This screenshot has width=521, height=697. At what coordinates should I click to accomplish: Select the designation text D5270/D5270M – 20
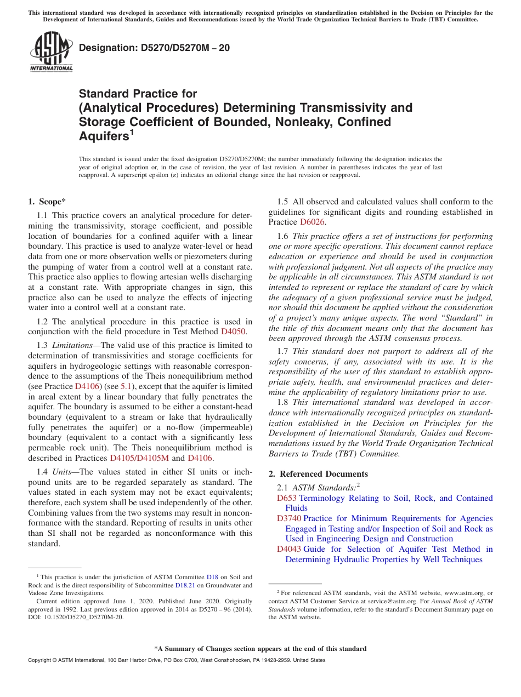click(x=154, y=48)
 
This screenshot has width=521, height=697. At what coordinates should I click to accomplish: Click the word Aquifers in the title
click(x=104, y=136)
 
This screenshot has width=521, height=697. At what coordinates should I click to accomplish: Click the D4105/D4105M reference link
click(x=139, y=458)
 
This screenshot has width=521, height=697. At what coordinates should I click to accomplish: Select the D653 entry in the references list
click(x=287, y=498)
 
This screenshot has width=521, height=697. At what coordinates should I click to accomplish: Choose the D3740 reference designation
click(x=289, y=518)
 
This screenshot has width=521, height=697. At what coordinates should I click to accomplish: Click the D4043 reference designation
click(x=289, y=549)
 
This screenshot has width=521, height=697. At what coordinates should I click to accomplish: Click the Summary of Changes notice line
click(x=260, y=649)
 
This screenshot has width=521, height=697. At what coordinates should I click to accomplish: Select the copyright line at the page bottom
click(x=176, y=660)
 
